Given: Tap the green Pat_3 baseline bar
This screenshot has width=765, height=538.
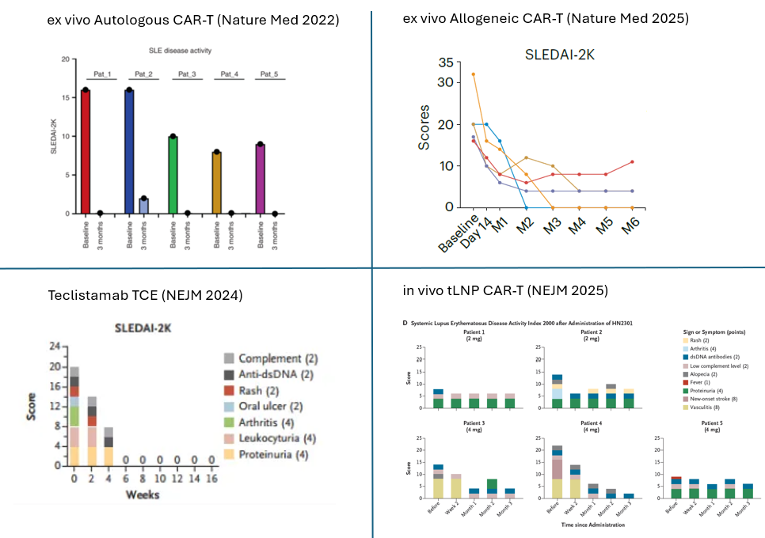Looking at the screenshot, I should [173, 175].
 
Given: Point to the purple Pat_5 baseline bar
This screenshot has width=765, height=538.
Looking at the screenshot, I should [260, 179].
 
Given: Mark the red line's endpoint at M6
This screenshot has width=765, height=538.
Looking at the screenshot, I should [631, 161].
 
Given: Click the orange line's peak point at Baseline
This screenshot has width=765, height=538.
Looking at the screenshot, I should [474, 74].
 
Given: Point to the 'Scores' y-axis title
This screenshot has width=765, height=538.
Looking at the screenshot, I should [425, 127].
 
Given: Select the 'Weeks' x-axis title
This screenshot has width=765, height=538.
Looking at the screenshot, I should [143, 494].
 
